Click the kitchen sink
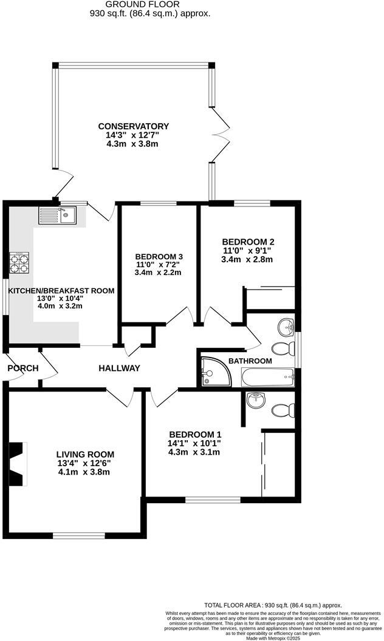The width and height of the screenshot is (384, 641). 57,215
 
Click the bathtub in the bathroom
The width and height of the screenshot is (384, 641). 268,378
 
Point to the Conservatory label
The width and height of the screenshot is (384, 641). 134,126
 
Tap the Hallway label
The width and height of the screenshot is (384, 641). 120,368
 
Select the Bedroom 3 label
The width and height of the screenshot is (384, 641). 159,256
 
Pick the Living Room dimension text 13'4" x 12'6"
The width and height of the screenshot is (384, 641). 85,463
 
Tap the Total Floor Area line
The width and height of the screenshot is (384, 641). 273,605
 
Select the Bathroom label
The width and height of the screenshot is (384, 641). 250,361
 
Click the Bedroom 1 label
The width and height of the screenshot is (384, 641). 195,435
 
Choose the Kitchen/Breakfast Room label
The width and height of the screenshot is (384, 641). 61,291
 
